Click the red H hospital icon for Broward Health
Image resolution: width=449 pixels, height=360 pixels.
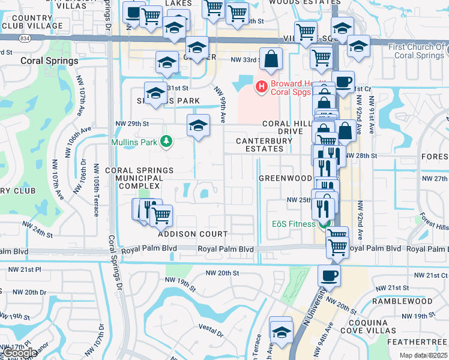click(261, 88)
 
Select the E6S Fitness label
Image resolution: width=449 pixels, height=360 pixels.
click(293, 224)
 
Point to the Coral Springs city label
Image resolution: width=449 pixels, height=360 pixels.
click(49, 61)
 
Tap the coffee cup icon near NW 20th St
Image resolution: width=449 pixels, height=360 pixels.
click(329, 276)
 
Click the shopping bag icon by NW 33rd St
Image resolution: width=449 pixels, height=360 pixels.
click(271, 59)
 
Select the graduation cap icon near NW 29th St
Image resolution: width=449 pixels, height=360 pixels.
click(198, 125)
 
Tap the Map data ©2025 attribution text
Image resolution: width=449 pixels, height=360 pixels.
click(423, 355)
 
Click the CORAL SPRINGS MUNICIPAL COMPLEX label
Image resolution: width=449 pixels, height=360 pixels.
click(139, 178)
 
